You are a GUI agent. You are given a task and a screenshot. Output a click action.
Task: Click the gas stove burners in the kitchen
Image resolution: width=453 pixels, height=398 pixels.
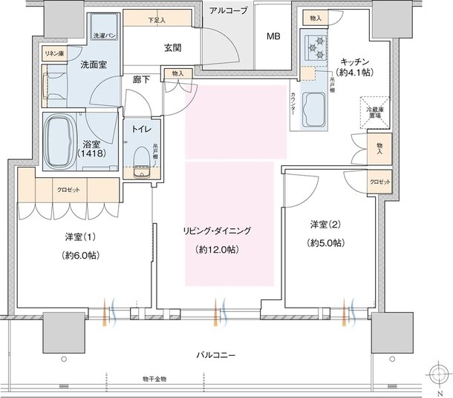click(x=317, y=47)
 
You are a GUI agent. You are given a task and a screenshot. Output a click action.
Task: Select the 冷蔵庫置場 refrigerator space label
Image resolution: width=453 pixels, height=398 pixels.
click(x=373, y=112)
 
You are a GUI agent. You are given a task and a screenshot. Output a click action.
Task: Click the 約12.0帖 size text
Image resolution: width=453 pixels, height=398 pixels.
click(x=217, y=249)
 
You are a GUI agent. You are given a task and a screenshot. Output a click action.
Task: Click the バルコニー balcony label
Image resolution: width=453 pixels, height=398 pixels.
click(x=218, y=355)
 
